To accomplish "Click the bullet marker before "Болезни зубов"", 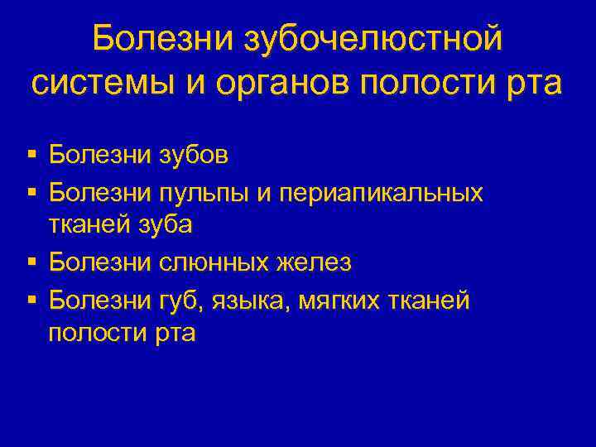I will tap(31, 155).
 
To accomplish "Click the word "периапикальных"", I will tap(382, 193).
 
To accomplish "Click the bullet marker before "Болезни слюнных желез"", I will tap(31, 263).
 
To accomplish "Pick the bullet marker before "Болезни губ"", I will tap(31, 300).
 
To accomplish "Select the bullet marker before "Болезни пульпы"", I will tap(31, 193).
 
